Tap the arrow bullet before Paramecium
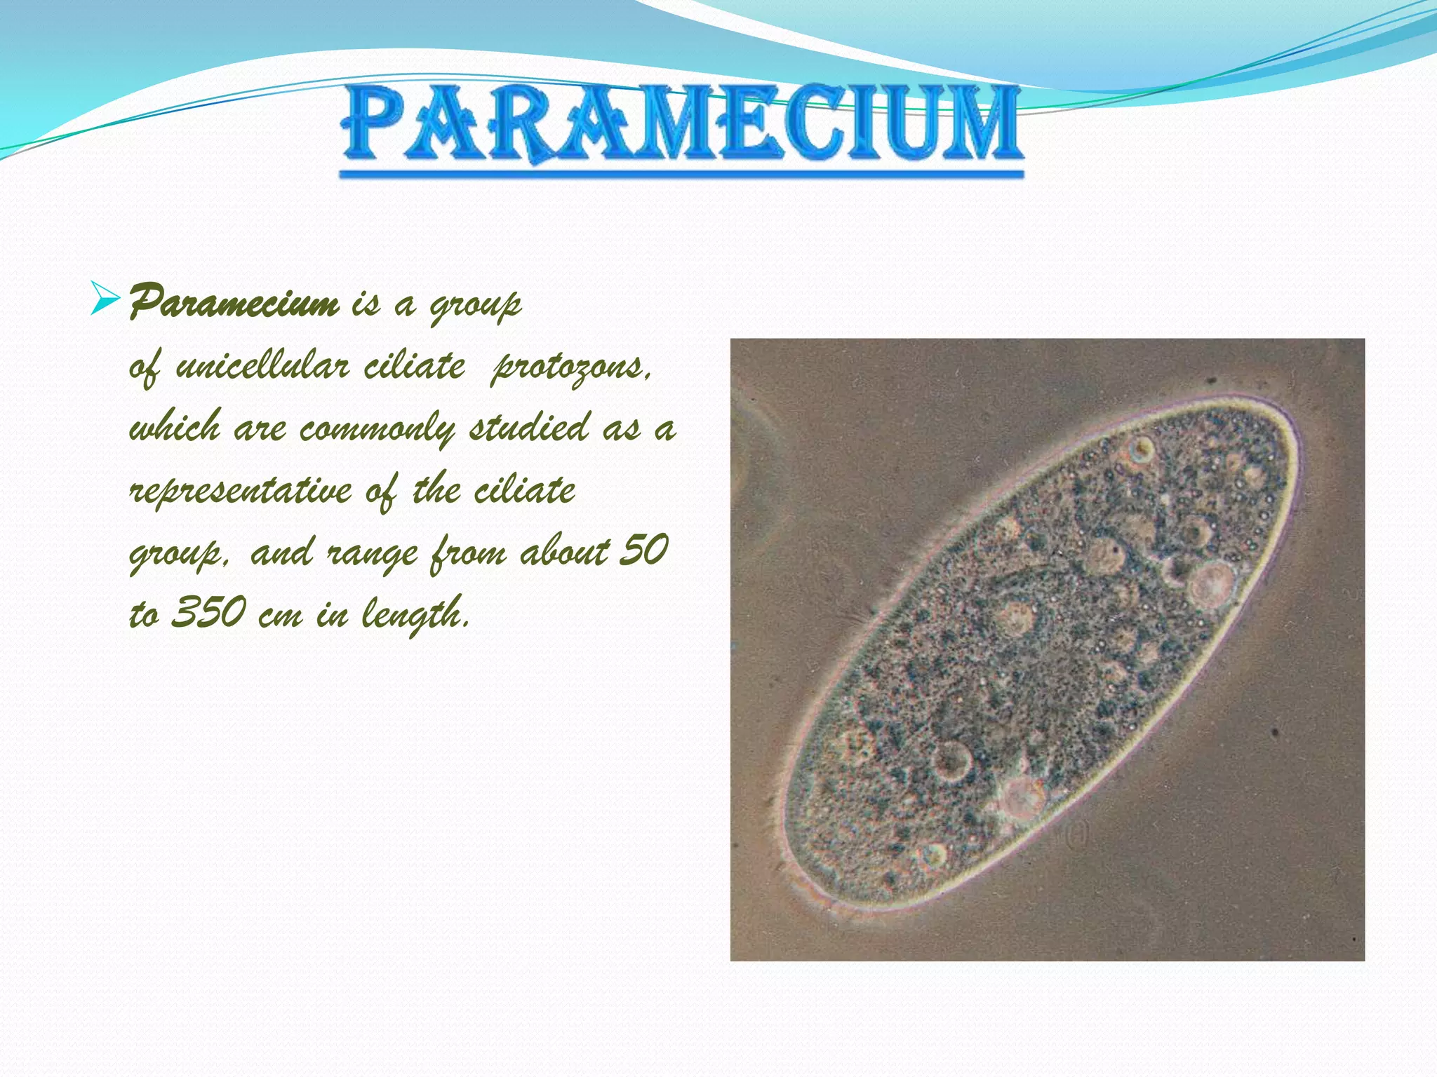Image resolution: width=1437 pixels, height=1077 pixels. pos(105,299)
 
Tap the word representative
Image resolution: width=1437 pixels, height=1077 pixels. pos(241,490)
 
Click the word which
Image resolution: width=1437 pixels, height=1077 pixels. pos(175,427)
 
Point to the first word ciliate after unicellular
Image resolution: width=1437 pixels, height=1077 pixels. pos(414,366)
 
